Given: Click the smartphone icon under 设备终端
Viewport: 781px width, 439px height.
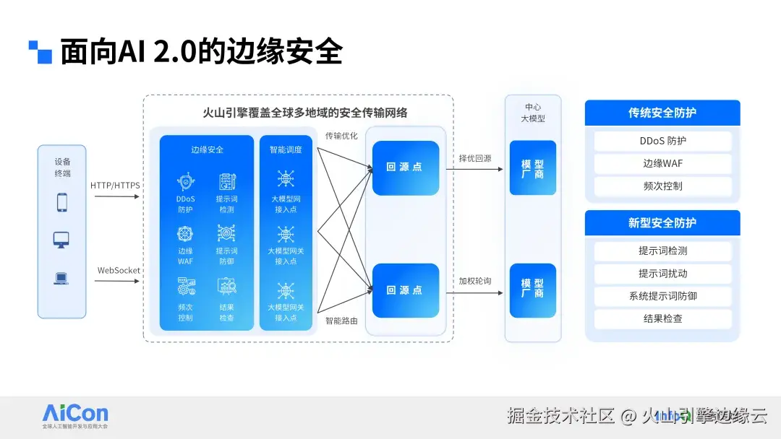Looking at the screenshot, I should pyautogui.click(x=62, y=203).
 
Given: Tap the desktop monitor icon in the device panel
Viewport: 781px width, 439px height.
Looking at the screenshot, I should pyautogui.click(x=62, y=240).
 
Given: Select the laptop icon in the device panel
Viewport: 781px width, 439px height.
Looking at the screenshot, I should pyautogui.click(x=62, y=278).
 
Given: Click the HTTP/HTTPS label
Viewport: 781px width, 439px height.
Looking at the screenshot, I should pyautogui.click(x=115, y=186).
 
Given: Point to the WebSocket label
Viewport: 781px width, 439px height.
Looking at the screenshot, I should pyautogui.click(x=119, y=271).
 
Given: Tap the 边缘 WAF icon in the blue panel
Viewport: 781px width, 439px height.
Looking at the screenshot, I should pyautogui.click(x=185, y=233).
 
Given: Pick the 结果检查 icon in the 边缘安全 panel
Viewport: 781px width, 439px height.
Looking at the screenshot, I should pyautogui.click(x=226, y=286).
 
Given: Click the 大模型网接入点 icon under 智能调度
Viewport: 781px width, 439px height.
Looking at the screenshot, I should pyautogui.click(x=286, y=178).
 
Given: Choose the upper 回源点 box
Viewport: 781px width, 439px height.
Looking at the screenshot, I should pyautogui.click(x=405, y=168).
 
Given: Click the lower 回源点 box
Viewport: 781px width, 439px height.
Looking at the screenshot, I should pyautogui.click(x=405, y=290).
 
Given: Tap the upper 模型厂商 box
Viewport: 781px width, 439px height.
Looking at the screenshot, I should pyautogui.click(x=533, y=168).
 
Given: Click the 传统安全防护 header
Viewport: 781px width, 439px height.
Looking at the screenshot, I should pyautogui.click(x=662, y=113).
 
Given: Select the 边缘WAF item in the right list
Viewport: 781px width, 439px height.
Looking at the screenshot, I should pyautogui.click(x=662, y=163).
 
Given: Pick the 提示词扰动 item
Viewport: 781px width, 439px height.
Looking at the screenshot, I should pyautogui.click(x=662, y=274).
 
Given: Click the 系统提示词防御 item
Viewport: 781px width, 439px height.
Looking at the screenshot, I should pyautogui.click(x=662, y=296).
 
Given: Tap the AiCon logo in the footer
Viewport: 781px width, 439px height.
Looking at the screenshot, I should pyautogui.click(x=75, y=414).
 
